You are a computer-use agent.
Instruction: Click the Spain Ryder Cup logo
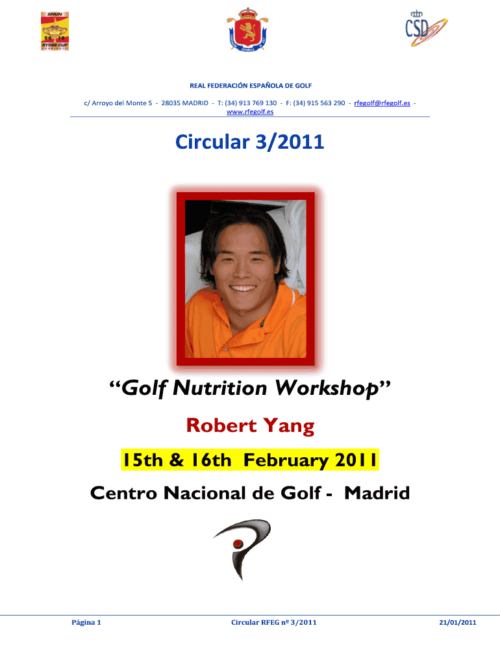pos(55,31)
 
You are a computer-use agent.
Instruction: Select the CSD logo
pos(426,29)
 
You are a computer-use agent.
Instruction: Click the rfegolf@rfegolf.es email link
pos(382,103)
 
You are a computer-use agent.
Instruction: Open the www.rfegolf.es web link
pos(250,112)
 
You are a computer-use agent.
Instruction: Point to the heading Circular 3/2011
pos(250,142)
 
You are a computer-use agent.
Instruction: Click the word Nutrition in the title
pos(220,388)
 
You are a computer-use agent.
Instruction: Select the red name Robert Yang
pos(250,426)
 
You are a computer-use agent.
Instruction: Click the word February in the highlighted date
pos(286,460)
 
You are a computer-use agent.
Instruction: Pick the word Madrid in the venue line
pos(377,493)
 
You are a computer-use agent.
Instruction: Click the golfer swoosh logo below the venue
pos(242,549)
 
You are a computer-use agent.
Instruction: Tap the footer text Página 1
pos(86,623)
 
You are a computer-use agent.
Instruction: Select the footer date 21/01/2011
pos(458,623)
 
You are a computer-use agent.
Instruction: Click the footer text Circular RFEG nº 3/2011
pos(273,623)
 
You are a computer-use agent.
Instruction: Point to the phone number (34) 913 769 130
pos(251,103)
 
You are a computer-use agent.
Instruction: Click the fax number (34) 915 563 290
pos(319,103)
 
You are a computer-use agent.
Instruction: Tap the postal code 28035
pos(171,103)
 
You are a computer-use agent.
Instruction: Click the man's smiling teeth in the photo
pos(243,288)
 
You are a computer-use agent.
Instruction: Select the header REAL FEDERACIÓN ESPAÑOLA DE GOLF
pos(251,86)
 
